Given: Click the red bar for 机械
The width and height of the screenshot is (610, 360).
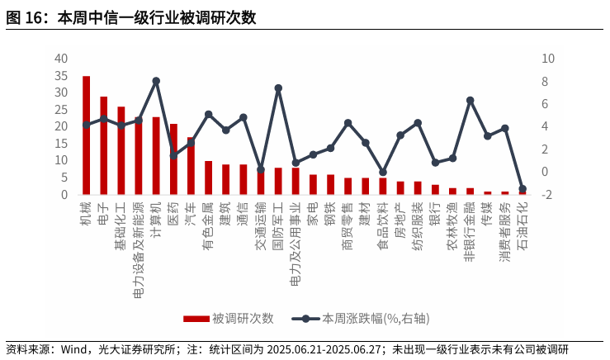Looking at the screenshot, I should (x=86, y=135).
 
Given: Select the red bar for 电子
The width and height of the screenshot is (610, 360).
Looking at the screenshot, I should (x=103, y=145).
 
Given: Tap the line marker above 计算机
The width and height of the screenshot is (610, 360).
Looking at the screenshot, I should (x=156, y=81).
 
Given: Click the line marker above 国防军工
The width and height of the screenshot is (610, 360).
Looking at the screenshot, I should (x=278, y=88).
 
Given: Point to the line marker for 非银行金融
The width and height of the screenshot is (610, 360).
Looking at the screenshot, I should (x=470, y=101).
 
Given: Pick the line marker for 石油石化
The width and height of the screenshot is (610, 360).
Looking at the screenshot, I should (x=522, y=189).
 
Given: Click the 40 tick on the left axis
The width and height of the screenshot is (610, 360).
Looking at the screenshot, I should (x=61, y=59).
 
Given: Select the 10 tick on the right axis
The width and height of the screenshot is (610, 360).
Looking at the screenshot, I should (x=547, y=59).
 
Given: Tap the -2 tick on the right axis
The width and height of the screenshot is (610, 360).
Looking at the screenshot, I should (x=546, y=195).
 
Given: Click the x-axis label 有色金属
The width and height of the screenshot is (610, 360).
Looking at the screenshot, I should (x=208, y=226).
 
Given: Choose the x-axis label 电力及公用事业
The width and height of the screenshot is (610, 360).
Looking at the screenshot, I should (x=296, y=244).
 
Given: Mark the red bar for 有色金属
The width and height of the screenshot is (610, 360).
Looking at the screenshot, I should (x=208, y=178).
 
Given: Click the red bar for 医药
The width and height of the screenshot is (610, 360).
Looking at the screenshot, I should (x=173, y=159).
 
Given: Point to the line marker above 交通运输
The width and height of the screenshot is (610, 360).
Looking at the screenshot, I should (x=261, y=169).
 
